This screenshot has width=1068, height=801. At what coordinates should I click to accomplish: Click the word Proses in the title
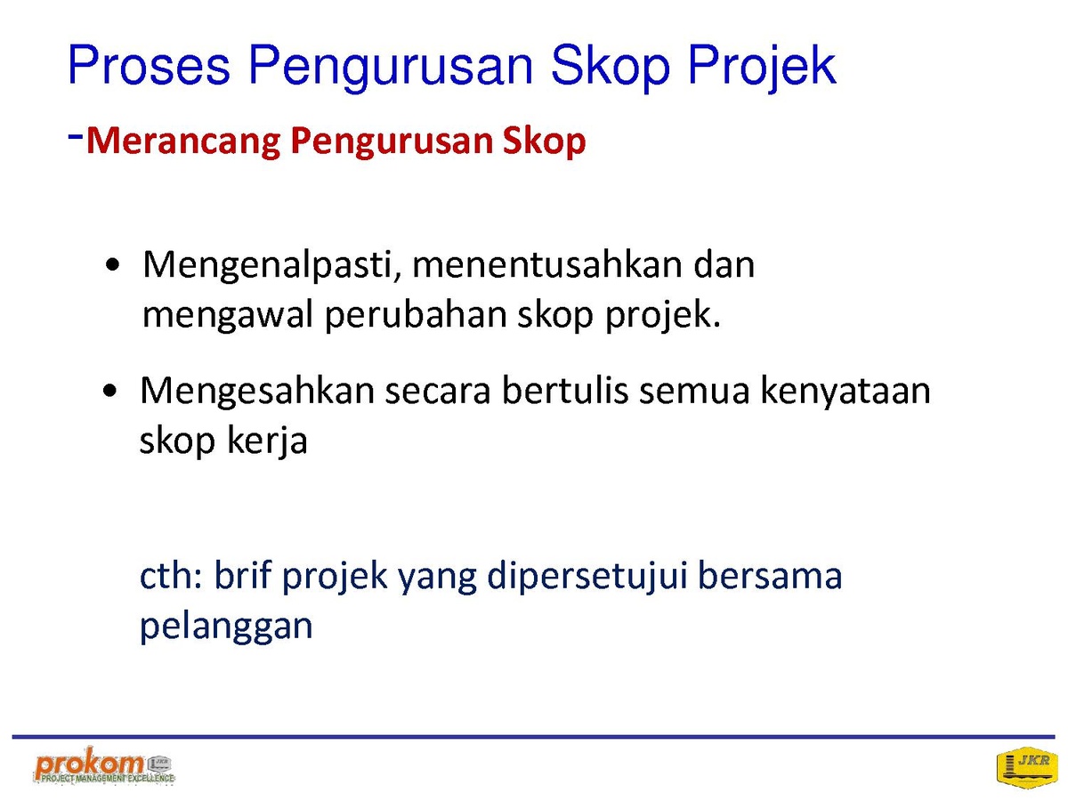point(149,66)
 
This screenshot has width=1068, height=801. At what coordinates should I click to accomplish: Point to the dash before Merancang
point(75,137)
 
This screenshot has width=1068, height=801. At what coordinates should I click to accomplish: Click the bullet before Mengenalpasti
point(112,265)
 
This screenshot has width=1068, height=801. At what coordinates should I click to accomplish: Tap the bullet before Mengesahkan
point(110,391)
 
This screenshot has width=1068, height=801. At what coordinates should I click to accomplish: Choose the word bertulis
point(565,391)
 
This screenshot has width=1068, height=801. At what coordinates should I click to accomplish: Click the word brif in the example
point(242,575)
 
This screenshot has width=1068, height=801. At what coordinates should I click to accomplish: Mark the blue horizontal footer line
point(534,737)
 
